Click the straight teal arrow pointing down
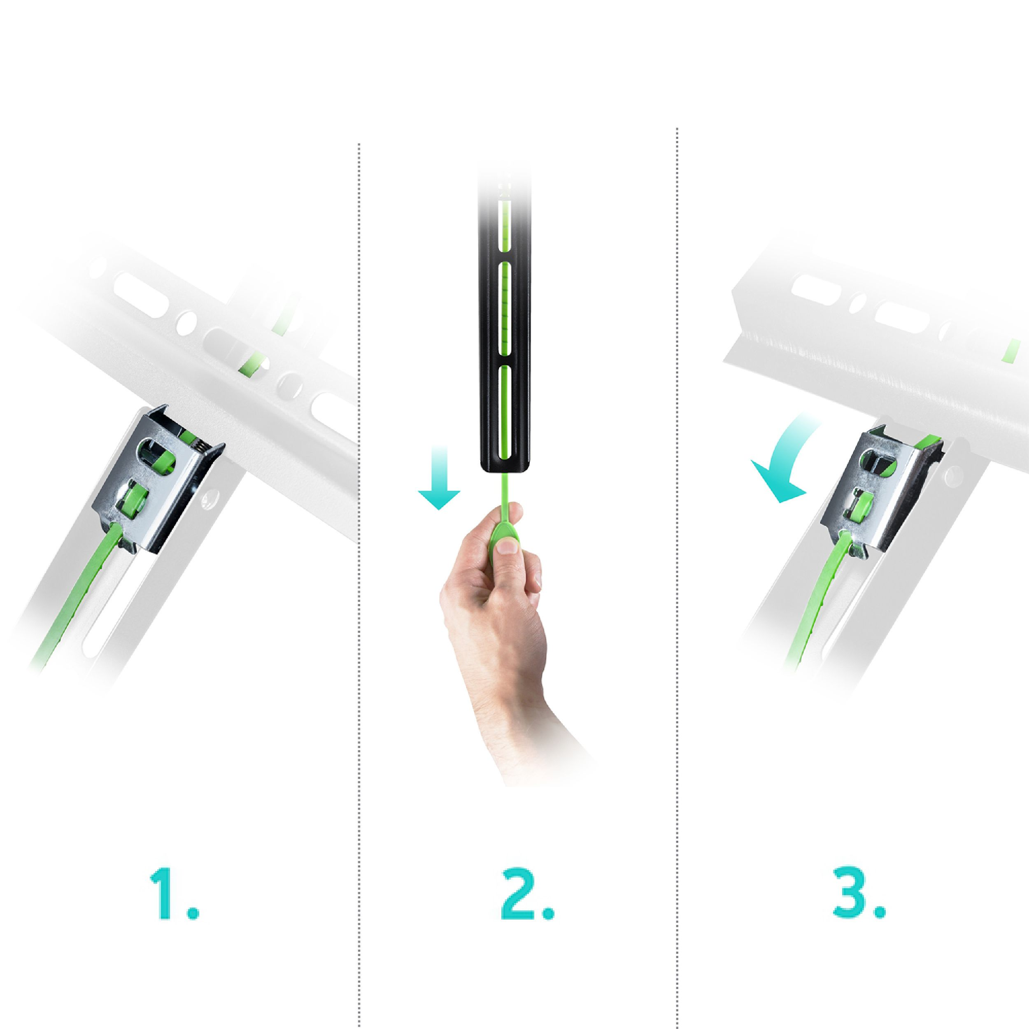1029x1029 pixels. click(439, 478)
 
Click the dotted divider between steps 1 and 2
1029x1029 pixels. click(359, 586)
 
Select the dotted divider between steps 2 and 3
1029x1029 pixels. click(677, 578)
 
